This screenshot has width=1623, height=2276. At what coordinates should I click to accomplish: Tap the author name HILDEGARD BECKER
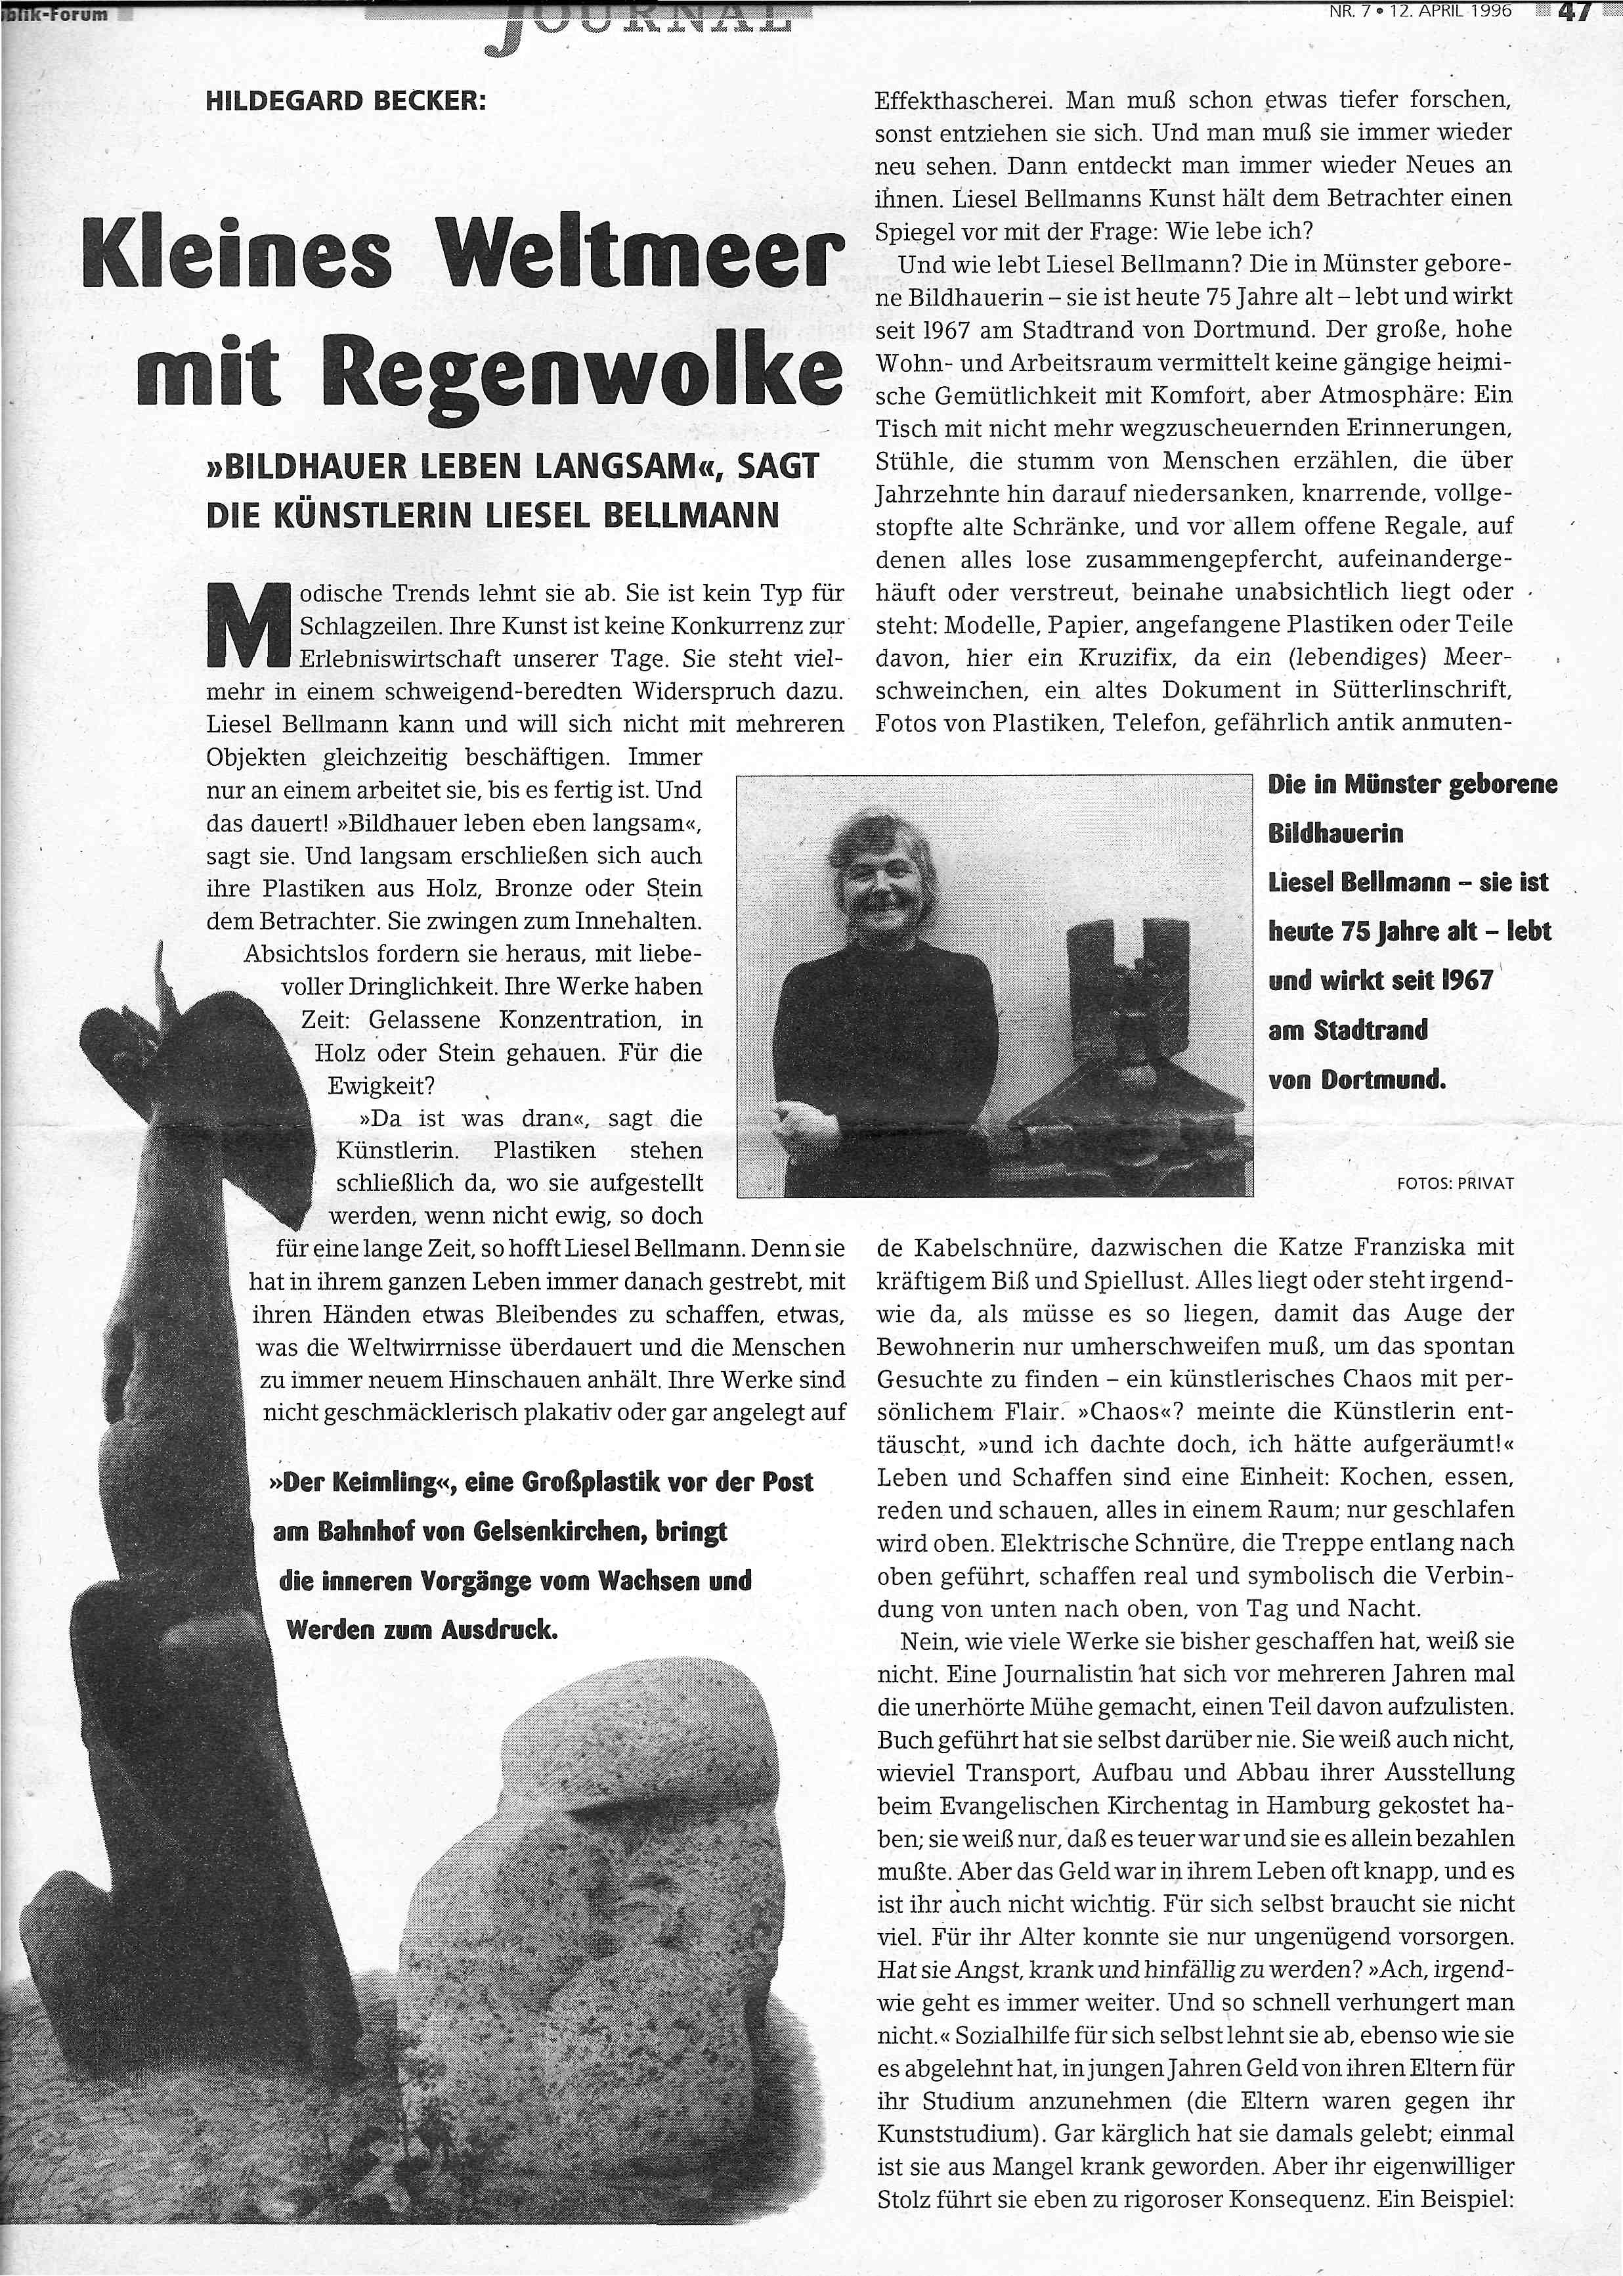click(x=345, y=101)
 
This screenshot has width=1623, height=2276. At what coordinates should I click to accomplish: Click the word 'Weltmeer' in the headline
click(x=639, y=254)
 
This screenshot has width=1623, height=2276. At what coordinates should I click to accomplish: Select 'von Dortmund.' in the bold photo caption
click(x=1356, y=1079)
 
